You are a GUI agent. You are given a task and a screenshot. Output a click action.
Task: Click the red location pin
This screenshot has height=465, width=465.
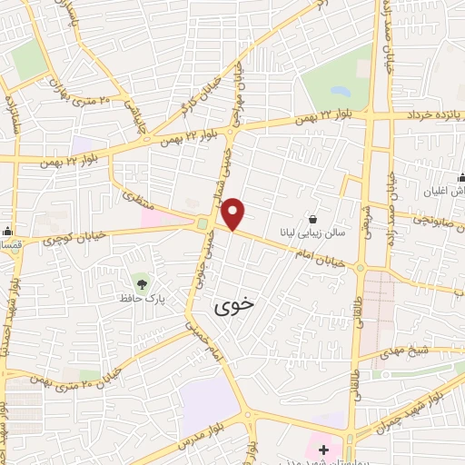[x=233, y=214]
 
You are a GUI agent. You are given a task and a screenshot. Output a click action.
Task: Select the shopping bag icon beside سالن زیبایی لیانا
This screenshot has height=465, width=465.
[x=312, y=219]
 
